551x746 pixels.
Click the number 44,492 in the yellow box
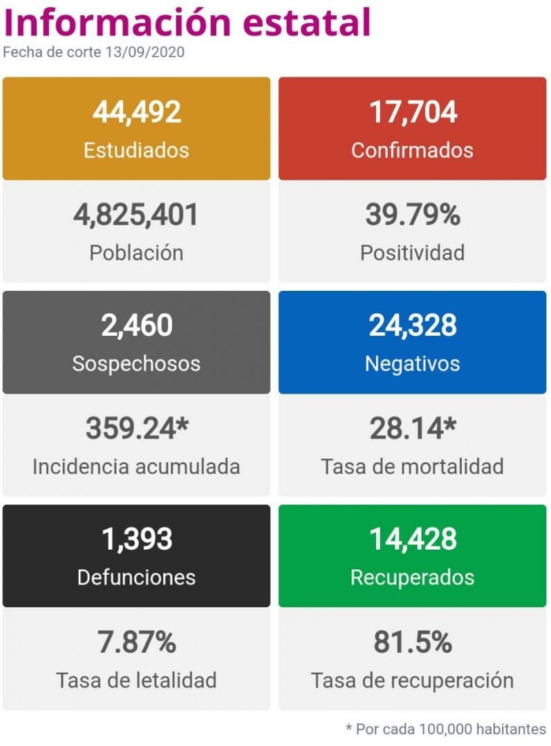[x=136, y=111]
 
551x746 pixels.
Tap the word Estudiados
[x=136, y=150]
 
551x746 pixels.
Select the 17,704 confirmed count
[x=413, y=111]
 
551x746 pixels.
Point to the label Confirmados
[x=413, y=150]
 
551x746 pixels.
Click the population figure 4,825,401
[x=136, y=215]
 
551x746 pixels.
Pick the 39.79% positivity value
[x=413, y=215]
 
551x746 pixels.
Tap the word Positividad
[x=413, y=253]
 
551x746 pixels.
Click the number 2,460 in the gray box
[x=136, y=325]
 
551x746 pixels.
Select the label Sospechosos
[x=136, y=363]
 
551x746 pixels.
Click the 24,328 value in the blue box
[x=413, y=325]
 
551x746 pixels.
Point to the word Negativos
[x=413, y=363]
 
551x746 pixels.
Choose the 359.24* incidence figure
[x=136, y=429]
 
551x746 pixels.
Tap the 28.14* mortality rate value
[x=413, y=429]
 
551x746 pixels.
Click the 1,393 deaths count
[x=136, y=539]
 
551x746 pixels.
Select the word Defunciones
[x=136, y=577]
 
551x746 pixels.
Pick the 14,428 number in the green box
[x=413, y=539]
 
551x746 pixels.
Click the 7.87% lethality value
[x=136, y=643]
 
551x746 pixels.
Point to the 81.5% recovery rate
[x=413, y=643]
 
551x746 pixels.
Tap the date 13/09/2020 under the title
[x=145, y=52]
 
